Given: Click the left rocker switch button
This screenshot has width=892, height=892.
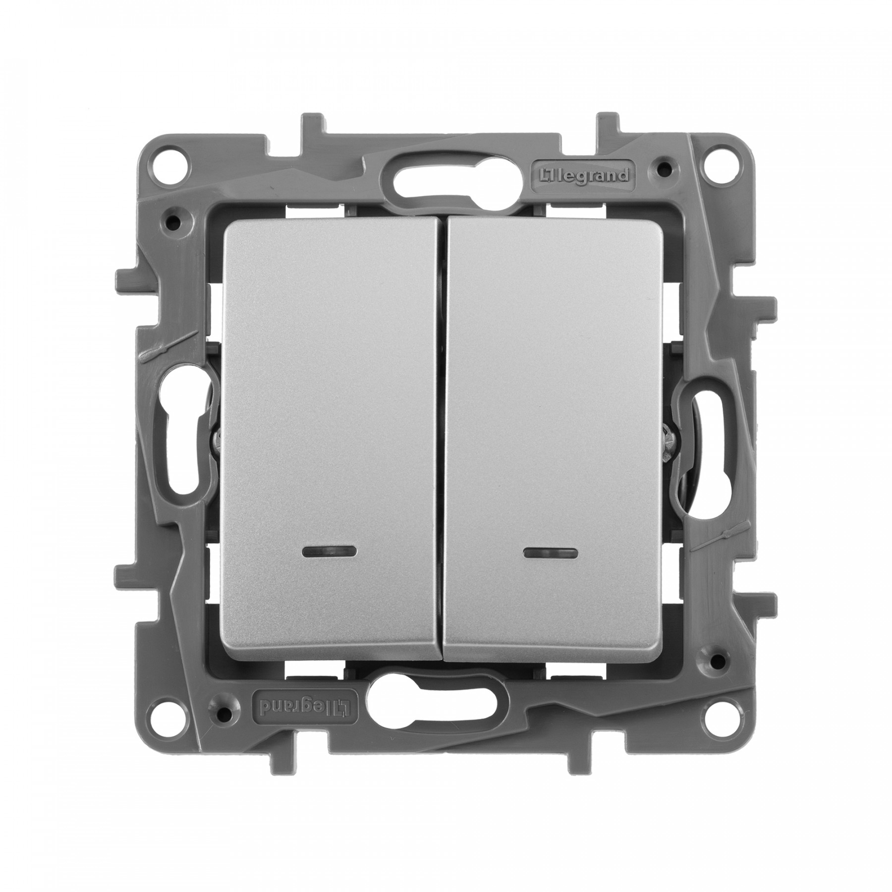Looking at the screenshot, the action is click(x=331, y=436).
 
